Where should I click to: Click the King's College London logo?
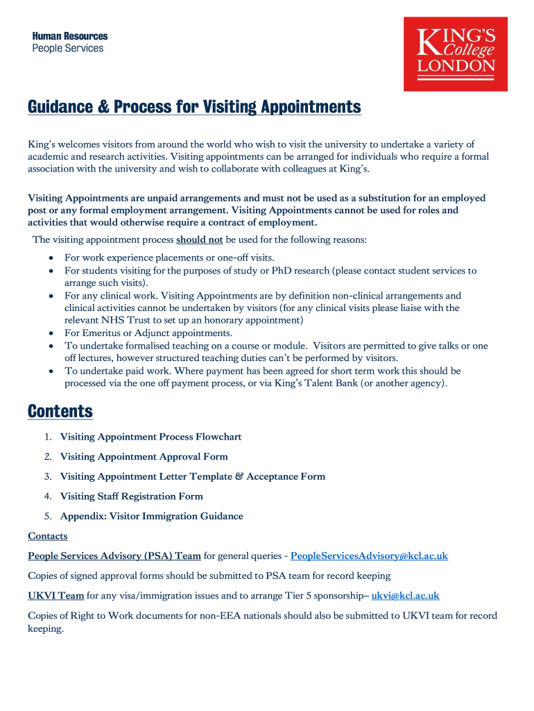[x=456, y=54]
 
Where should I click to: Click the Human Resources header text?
[x=70, y=36]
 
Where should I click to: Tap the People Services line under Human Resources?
[x=68, y=49]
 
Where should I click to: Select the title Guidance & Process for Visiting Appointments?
[x=194, y=107]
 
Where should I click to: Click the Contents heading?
[x=60, y=411]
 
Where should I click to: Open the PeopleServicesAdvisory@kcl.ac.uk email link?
[x=369, y=556]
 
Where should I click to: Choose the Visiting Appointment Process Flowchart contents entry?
[x=150, y=437]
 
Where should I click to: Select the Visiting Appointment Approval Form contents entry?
[x=144, y=457]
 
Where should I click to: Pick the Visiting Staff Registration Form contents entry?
[x=131, y=496]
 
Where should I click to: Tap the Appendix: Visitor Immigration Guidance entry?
[x=151, y=516]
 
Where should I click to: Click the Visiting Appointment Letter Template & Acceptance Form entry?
[x=192, y=476]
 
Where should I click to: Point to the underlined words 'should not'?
[x=200, y=240]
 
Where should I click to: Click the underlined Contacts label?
[x=48, y=536]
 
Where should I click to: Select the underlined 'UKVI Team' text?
[x=56, y=596]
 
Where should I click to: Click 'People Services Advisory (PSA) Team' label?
[x=114, y=556]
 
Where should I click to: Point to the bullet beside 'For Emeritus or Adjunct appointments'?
[x=52, y=333]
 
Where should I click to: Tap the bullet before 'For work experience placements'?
[x=52, y=258]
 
